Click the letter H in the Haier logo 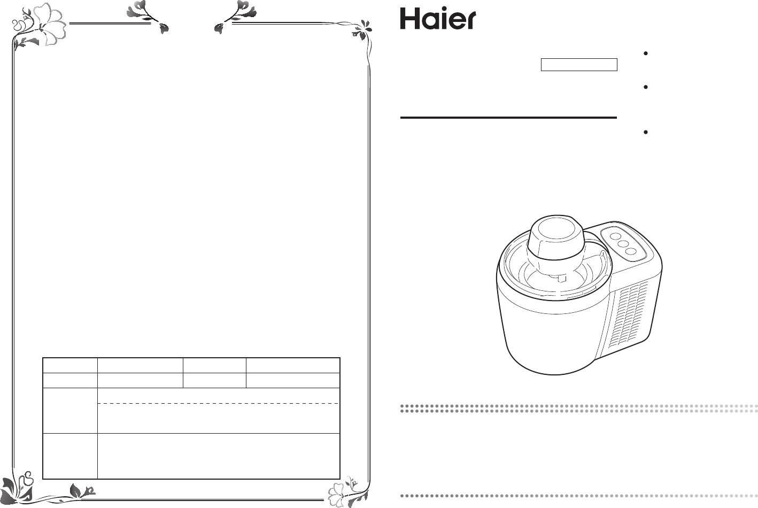(x=409, y=19)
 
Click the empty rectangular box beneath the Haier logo (x=579, y=65)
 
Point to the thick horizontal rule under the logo (x=508, y=118)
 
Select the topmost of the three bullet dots (x=646, y=53)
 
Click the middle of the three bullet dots (x=646, y=87)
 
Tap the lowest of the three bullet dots (x=646, y=132)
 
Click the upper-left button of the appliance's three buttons (x=615, y=236)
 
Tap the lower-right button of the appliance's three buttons (x=631, y=251)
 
